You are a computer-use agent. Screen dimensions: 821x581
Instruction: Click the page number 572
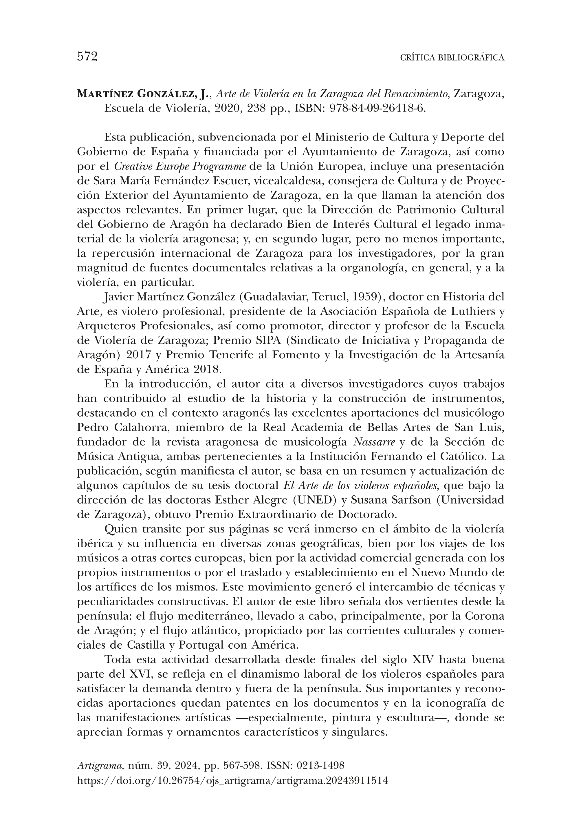pos(87,56)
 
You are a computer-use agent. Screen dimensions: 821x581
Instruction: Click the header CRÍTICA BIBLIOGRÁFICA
pos(452,58)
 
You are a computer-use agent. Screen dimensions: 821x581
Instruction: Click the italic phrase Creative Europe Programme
pos(180,167)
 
